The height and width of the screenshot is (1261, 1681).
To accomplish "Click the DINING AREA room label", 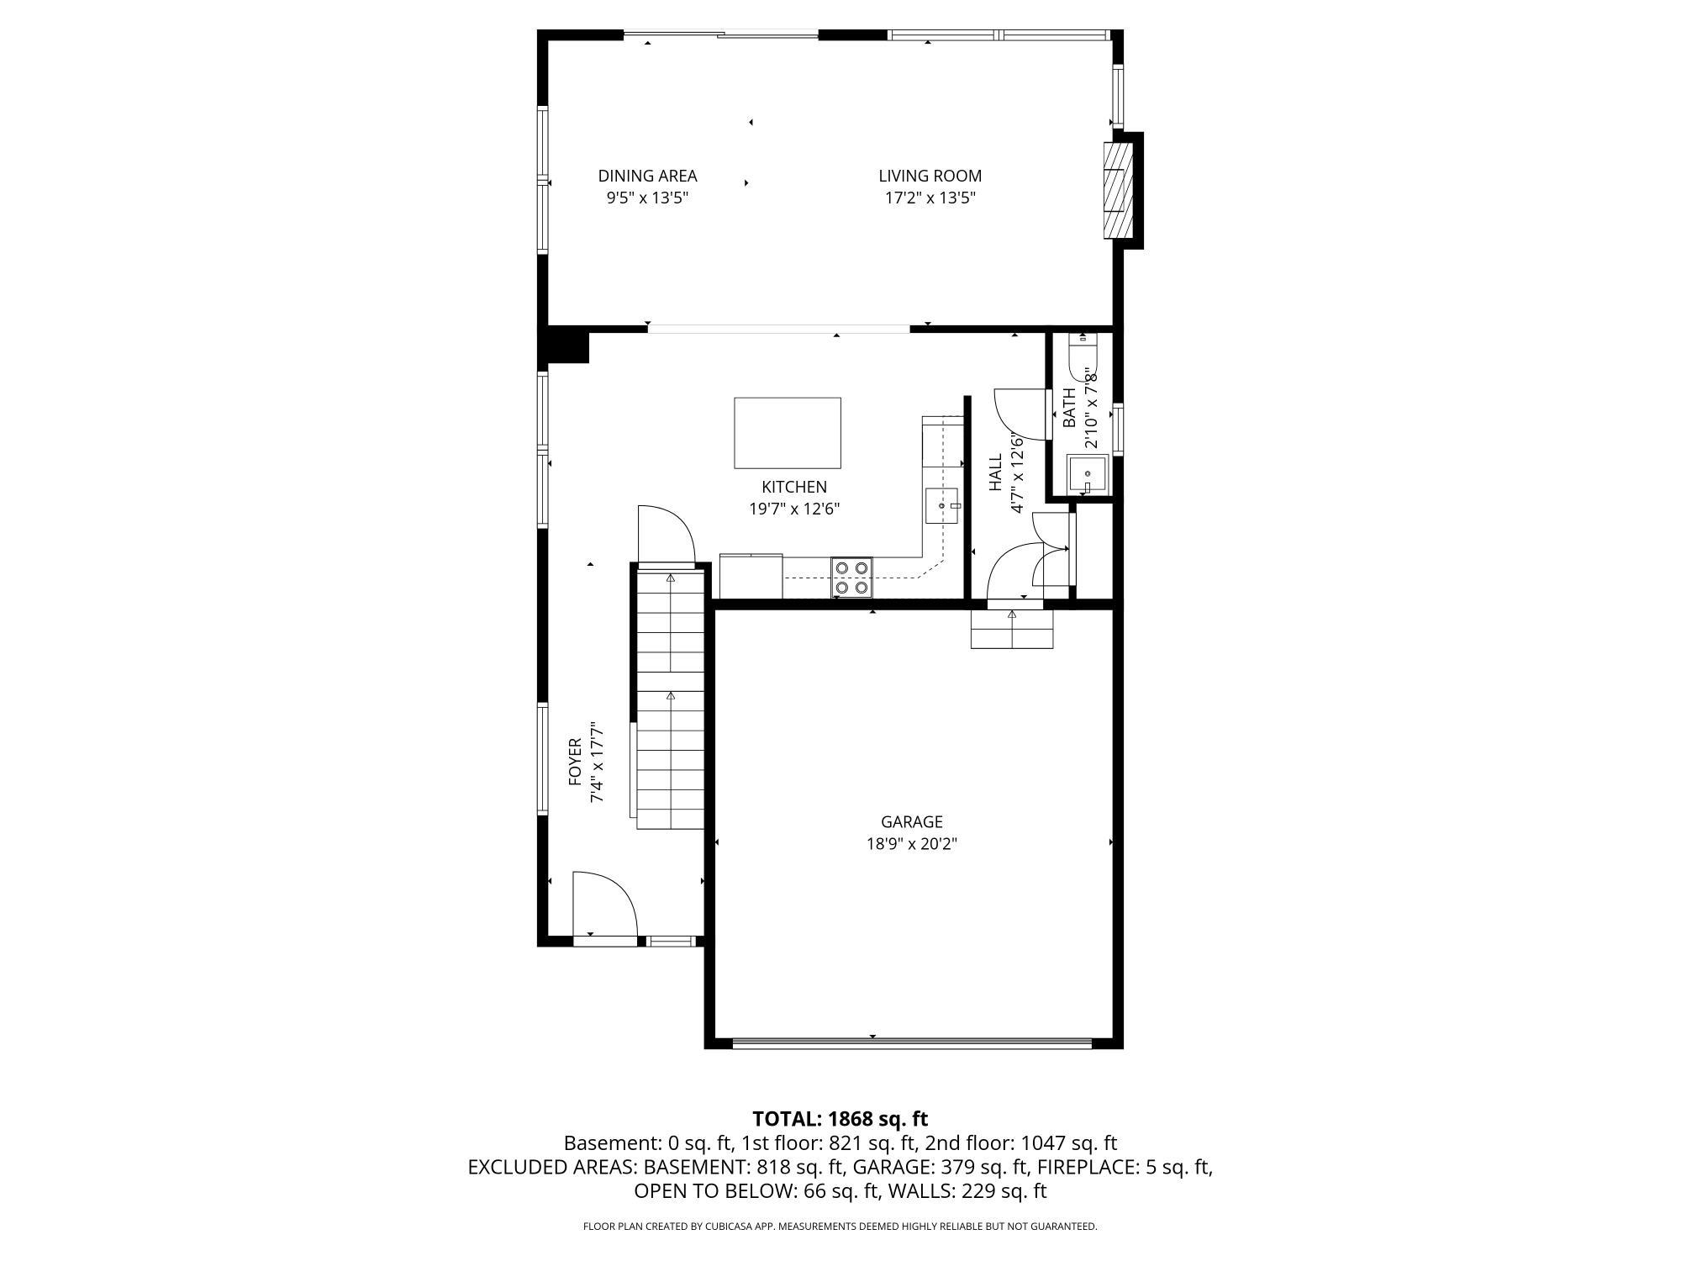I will pos(647,176).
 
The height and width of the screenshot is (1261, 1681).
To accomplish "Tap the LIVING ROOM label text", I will pos(930,176).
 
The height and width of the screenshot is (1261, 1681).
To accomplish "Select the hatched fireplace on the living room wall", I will pos(1115,191).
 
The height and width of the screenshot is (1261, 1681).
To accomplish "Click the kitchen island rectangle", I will pos(787,433).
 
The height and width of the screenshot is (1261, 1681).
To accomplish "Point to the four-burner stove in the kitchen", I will pos(851,578).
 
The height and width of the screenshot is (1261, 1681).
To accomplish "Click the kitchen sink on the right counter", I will pos(943,505).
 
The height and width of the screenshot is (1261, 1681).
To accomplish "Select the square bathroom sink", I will pos(1088,476).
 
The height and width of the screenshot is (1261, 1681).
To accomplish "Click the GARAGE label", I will pos(911,821).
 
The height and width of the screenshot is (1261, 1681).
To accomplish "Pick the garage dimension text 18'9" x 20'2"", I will pos(911,844).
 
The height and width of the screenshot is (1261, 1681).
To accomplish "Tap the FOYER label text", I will pos(576,762).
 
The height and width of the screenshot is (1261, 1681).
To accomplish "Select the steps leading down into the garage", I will pos(1012,630).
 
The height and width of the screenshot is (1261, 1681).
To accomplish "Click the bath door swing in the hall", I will pos(1020,414).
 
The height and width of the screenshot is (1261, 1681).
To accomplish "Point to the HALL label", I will pos(996,473).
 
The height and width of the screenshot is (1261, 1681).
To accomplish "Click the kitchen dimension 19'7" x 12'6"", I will pos(794,509).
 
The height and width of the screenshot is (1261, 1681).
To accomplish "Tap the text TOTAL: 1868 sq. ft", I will pos(840,1119).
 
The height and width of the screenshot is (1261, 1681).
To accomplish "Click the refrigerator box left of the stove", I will pos(751,577).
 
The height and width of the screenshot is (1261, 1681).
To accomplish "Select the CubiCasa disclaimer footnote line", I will pos(840,1227).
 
